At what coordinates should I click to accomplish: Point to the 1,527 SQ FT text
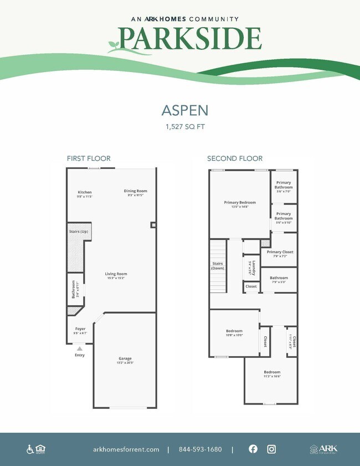[180, 127]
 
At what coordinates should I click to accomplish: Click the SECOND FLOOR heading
[235, 158]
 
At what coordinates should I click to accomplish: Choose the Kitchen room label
[85, 192]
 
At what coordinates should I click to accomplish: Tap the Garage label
[125, 359]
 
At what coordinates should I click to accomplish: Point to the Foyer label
[80, 329]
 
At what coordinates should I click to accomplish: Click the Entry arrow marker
[80, 349]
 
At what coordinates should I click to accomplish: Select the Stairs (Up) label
[78, 231]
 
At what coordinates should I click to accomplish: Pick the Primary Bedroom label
[240, 203]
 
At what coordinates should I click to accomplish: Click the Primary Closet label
[280, 252]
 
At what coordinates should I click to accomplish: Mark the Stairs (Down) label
[217, 265]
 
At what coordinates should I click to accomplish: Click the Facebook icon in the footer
[253, 449]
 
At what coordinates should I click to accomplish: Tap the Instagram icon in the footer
[271, 449]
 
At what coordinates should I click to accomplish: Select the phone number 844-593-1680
[200, 449]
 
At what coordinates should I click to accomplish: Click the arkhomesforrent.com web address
[126, 449]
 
